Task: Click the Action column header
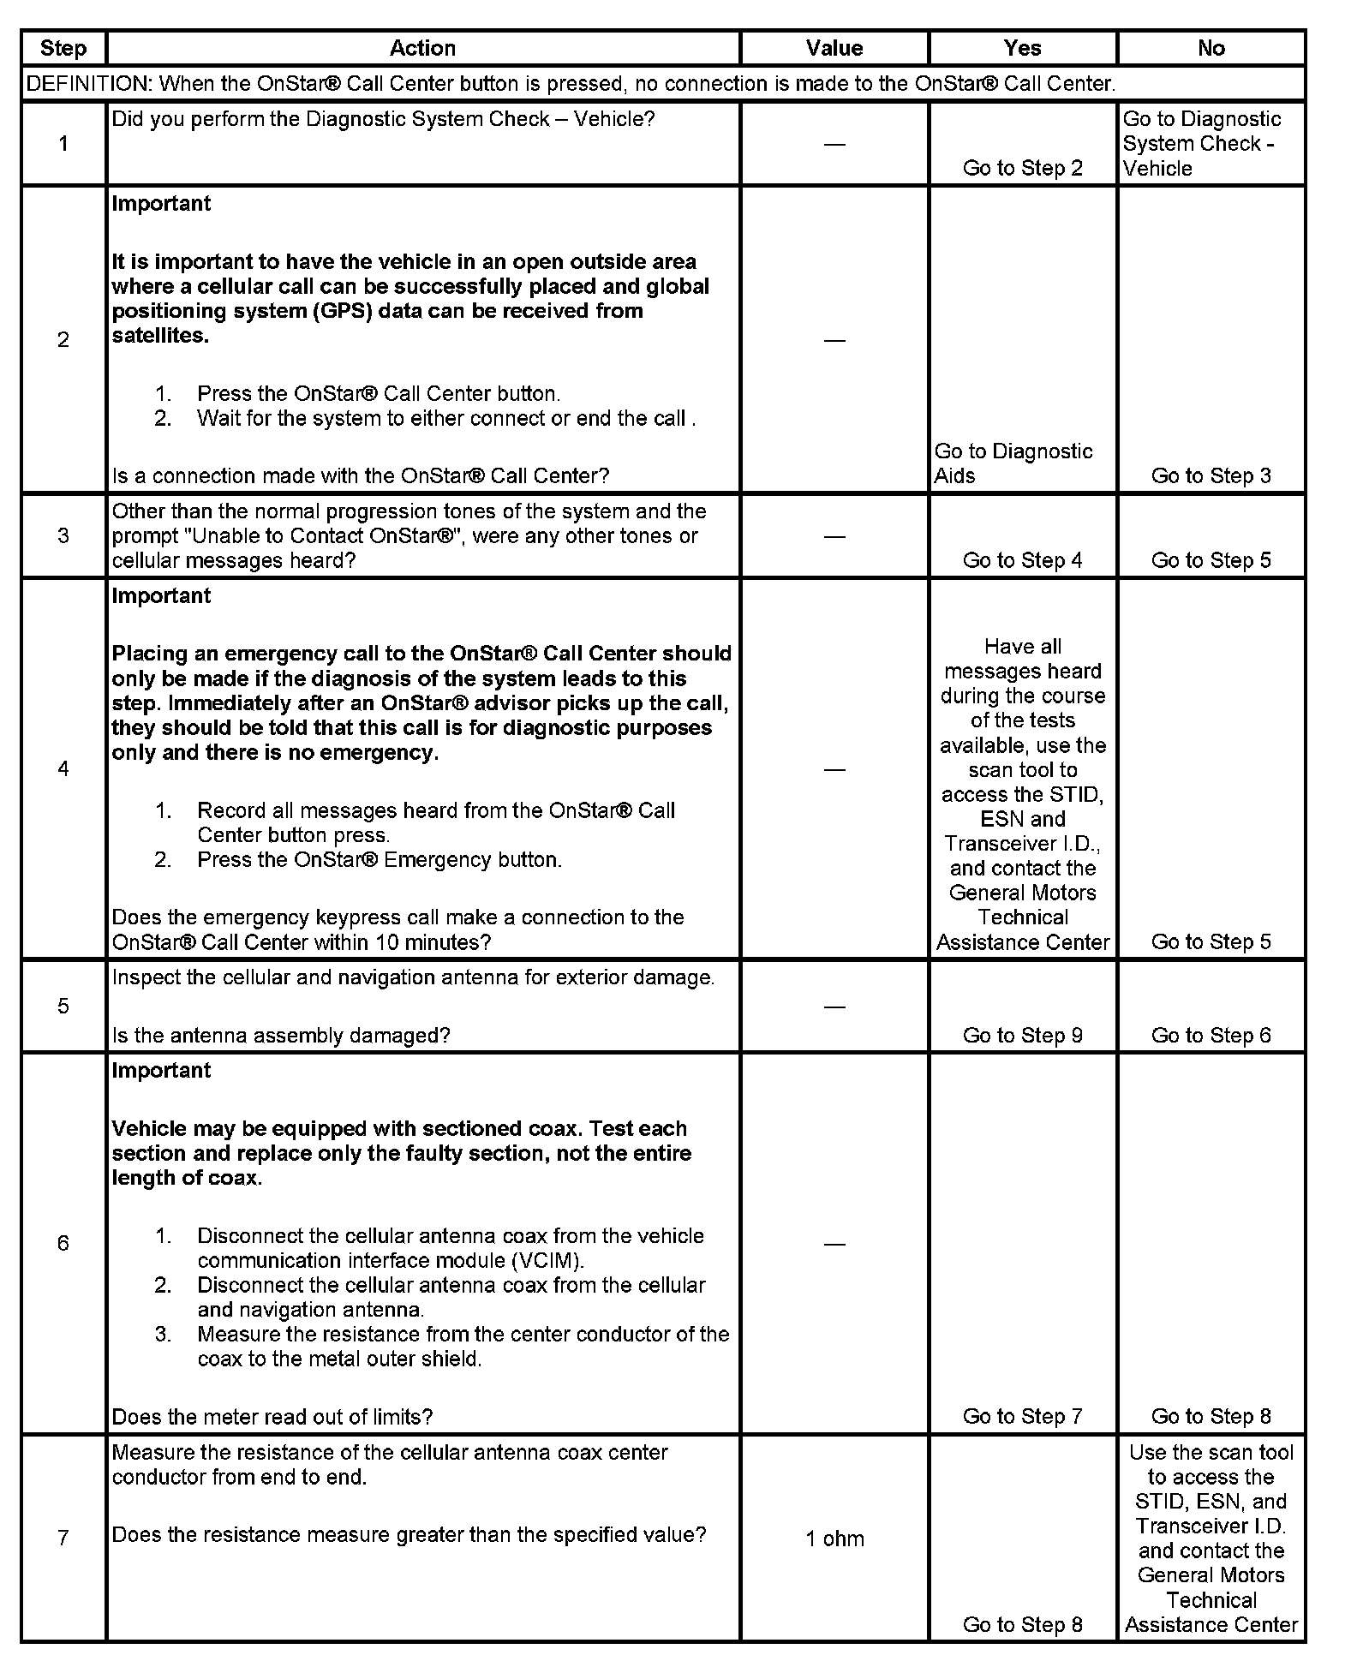(x=422, y=48)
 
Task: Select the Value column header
(x=834, y=48)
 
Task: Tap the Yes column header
(x=1022, y=48)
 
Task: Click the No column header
(x=1211, y=48)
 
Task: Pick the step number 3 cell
(x=63, y=536)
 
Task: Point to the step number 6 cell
(x=63, y=1244)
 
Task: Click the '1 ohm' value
(x=834, y=1539)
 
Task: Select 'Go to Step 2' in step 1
(x=1022, y=168)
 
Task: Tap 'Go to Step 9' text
(x=1022, y=1036)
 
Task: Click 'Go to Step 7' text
(x=1022, y=1417)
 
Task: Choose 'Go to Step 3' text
(x=1211, y=476)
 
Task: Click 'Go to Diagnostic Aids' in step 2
(x=1013, y=463)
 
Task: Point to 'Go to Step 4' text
(x=1022, y=560)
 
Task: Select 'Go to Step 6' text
(x=1211, y=1036)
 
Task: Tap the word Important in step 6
(x=161, y=1071)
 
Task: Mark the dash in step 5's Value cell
(x=834, y=1007)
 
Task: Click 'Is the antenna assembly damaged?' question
(x=281, y=1036)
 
